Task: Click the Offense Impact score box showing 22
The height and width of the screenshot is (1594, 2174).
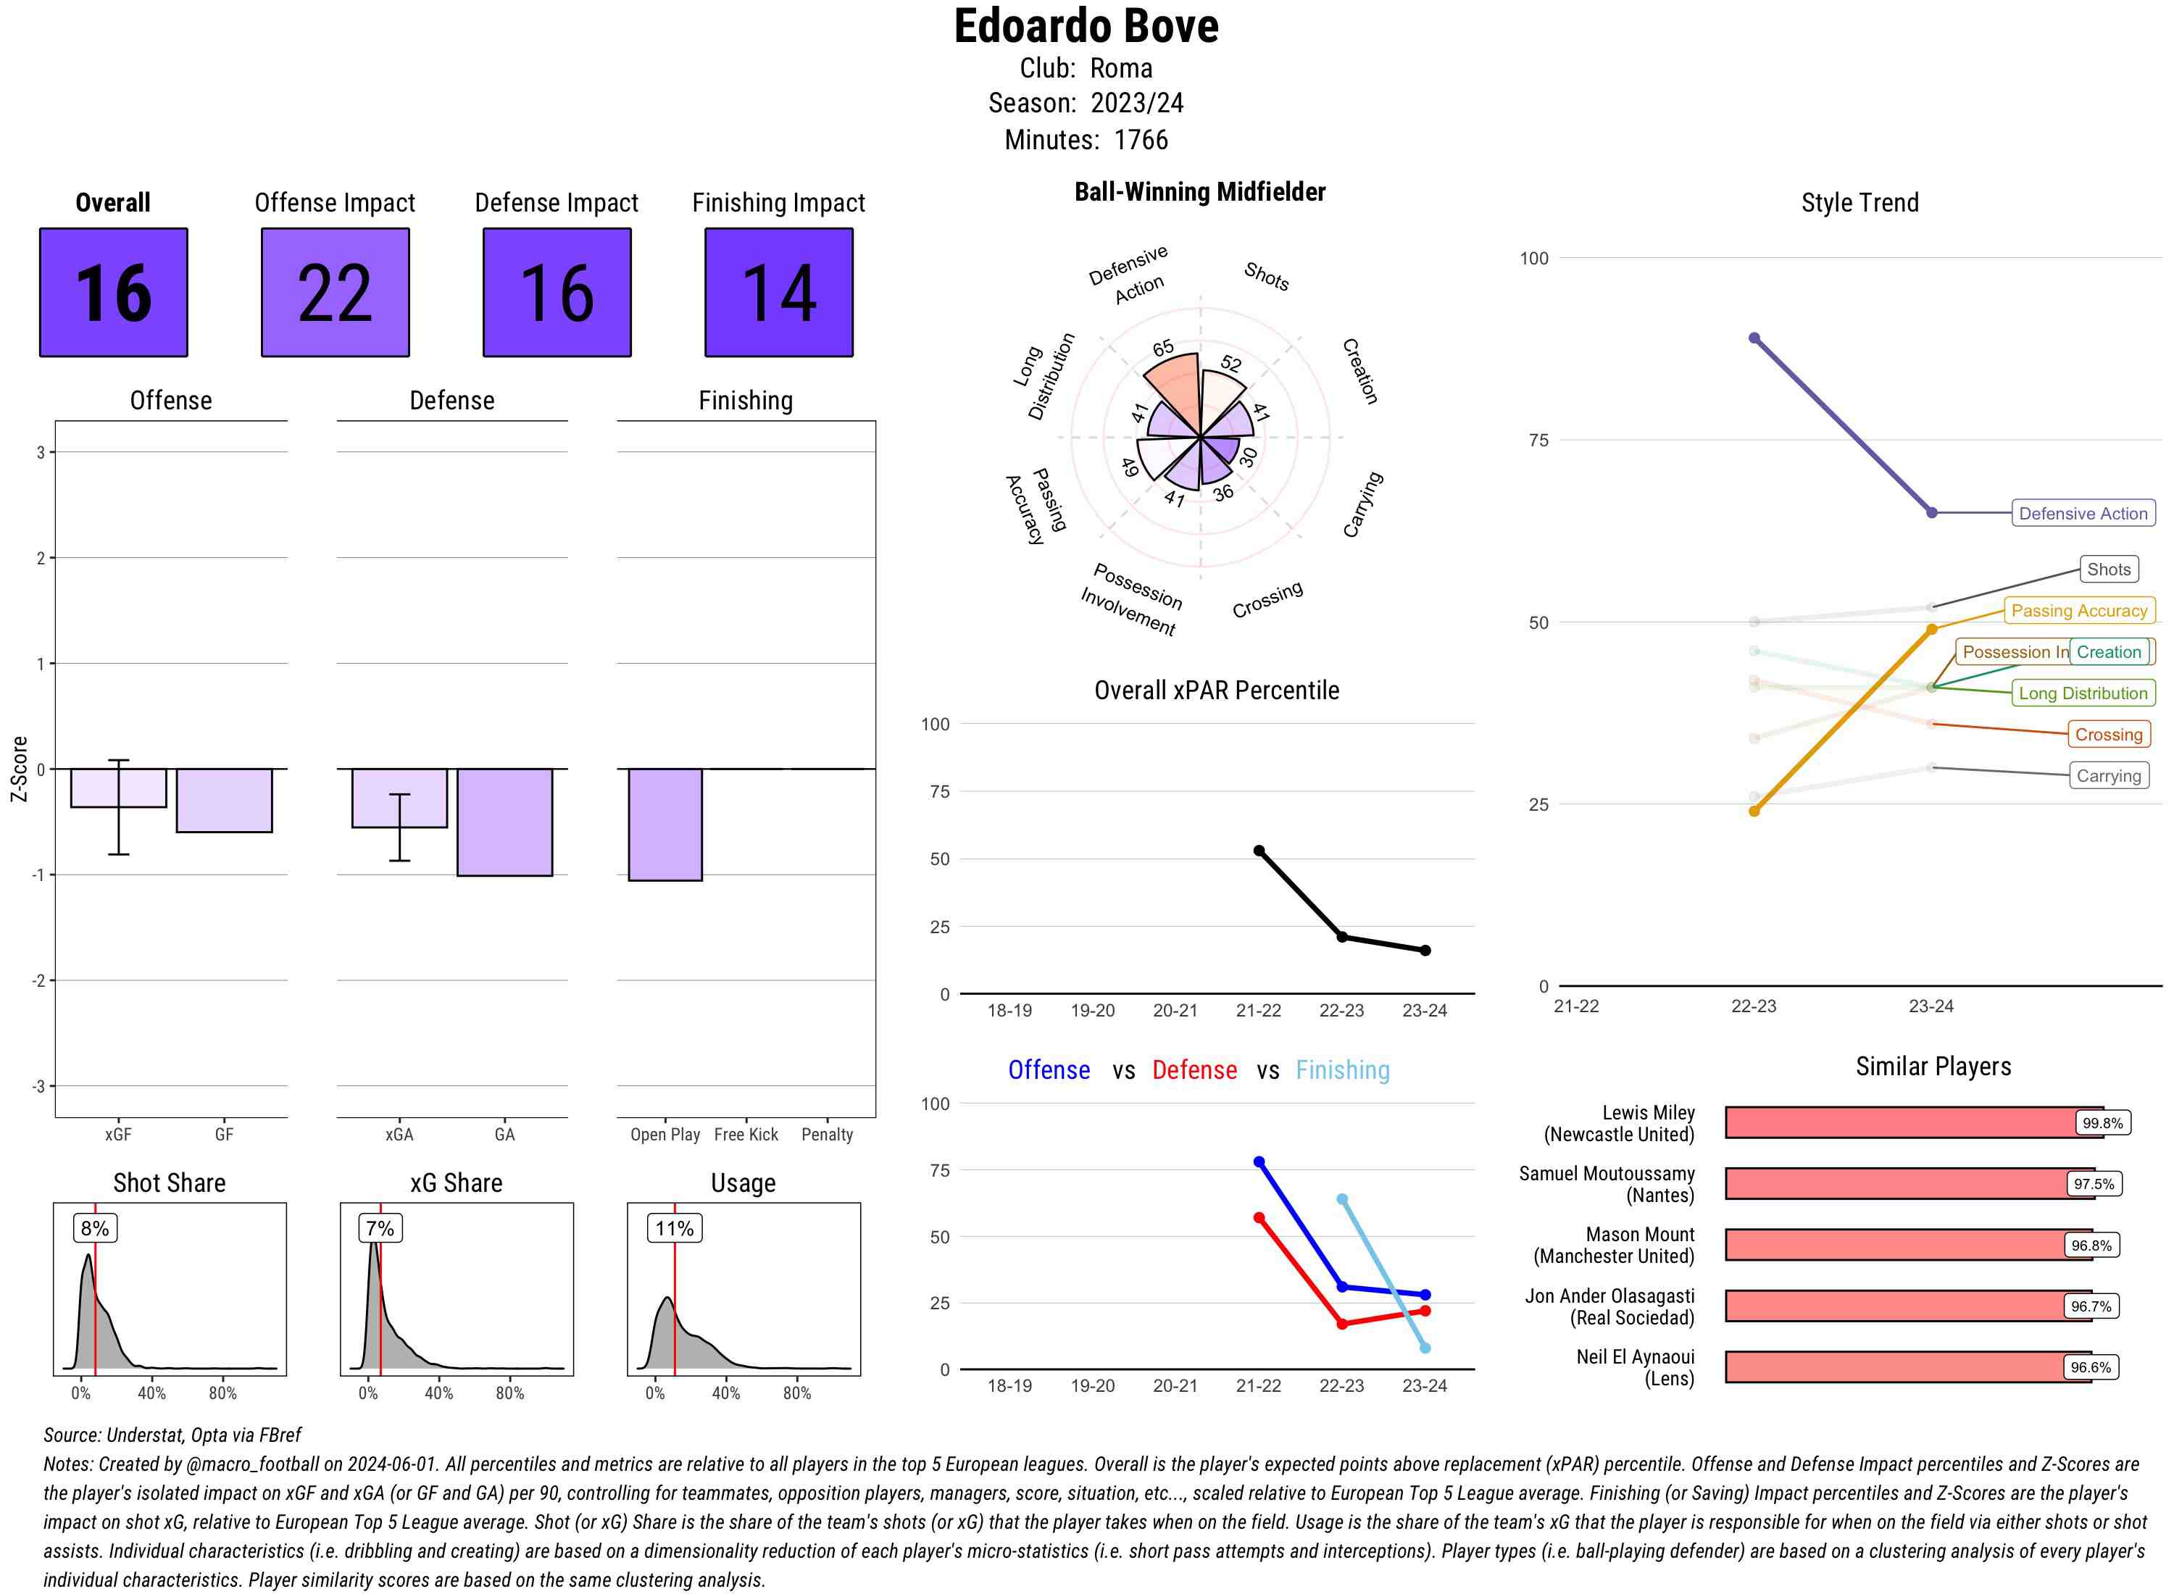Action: coord(335,293)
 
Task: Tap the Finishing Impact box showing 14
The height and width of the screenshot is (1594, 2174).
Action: coord(779,293)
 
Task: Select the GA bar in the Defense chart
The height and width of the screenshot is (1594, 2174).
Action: coord(504,822)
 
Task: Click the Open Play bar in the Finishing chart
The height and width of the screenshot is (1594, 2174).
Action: coord(665,824)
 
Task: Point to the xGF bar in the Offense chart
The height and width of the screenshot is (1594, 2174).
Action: coord(119,788)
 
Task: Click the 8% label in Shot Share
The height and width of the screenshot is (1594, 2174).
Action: coord(94,1228)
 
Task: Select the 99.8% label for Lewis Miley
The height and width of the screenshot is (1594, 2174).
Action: coord(2102,1123)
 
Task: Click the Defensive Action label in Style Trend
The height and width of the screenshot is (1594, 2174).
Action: coord(2083,513)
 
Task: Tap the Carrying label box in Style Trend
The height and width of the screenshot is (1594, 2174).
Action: coord(2108,776)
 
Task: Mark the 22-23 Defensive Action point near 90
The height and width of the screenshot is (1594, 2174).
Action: coord(1754,338)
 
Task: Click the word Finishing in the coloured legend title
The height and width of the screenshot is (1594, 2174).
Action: coord(1342,1070)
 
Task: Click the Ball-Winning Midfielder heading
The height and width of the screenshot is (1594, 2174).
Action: coord(1199,192)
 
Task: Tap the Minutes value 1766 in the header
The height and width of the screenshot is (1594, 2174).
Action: coord(1141,140)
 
